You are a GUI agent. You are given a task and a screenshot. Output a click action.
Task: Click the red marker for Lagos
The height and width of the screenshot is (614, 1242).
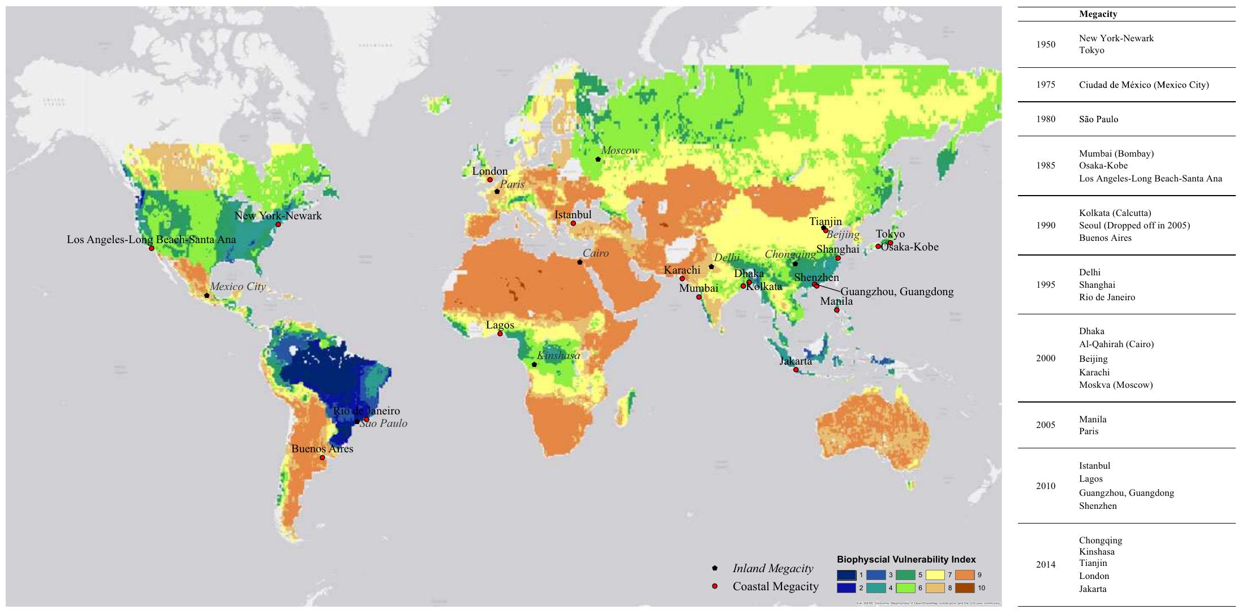point(500,334)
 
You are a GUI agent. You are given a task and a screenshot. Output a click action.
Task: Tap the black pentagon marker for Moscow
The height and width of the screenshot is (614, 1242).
point(598,159)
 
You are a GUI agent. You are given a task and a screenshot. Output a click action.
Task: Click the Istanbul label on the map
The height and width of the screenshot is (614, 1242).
point(573,215)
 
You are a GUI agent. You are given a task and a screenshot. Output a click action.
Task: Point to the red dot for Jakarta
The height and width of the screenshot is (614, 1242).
point(796,370)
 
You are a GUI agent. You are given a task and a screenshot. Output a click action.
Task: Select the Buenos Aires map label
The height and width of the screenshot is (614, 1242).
point(322,449)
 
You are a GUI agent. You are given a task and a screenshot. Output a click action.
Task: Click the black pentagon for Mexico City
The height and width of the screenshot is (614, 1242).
point(207,296)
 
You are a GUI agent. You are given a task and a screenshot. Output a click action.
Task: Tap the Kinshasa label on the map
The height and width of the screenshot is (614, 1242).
point(558,356)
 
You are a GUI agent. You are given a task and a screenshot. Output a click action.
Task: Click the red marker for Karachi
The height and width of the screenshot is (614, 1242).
point(682,279)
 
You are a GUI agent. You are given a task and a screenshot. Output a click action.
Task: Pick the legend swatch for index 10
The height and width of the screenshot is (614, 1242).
point(965,588)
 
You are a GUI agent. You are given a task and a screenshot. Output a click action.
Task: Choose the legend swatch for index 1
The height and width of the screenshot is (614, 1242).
point(846,575)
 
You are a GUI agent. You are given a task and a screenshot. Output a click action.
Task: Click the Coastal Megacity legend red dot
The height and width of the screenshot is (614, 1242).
point(715,586)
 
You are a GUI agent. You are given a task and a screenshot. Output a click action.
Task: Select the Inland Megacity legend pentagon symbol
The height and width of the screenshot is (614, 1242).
point(715,568)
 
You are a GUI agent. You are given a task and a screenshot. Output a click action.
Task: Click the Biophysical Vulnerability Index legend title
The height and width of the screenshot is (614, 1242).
point(906,559)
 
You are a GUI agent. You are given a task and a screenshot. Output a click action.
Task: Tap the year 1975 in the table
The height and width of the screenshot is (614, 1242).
point(1046,85)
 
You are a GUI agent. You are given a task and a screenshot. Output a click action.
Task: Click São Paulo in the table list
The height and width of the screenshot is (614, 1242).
point(1098,119)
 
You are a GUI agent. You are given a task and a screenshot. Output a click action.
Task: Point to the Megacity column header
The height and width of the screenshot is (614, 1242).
point(1098,14)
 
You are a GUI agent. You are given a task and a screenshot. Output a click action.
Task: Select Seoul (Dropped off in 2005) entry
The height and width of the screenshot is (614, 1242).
point(1134,226)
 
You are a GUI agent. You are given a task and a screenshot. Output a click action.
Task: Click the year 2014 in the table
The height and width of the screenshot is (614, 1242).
point(1046,564)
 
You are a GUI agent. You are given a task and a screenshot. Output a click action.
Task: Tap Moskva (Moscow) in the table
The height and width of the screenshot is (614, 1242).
point(1115,385)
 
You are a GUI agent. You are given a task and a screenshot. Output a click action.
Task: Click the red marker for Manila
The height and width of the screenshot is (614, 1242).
point(836,310)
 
